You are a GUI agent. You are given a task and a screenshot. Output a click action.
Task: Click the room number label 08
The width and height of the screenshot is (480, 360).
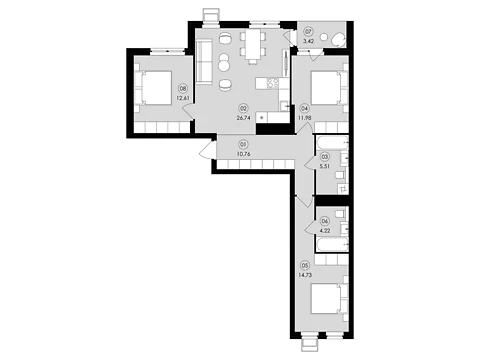click(183, 89)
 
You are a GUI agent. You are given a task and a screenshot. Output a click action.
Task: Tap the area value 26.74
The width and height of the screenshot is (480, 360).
click(244, 118)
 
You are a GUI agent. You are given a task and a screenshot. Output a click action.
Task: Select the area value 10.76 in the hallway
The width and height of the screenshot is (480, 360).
click(243, 154)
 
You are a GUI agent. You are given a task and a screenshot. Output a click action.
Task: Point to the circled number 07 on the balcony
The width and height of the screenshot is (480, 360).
click(308, 32)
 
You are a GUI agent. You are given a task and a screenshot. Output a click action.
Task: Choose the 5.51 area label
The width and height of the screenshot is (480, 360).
click(324, 166)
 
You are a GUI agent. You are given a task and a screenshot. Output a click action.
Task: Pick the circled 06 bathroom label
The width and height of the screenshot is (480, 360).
click(324, 221)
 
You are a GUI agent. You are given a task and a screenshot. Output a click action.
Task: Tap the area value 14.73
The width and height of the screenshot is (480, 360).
click(306, 275)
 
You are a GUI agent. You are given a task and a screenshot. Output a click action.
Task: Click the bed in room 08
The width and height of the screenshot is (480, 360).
click(156, 88)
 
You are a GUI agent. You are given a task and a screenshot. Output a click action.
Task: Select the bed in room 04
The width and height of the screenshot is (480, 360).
click(326, 88)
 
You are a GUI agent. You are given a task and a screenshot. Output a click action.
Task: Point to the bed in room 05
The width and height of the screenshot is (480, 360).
click(326, 298)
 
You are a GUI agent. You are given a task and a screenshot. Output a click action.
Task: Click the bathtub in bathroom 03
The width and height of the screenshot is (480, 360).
click(332, 142)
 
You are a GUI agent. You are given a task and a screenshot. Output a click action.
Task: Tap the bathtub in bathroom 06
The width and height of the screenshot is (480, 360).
click(332, 245)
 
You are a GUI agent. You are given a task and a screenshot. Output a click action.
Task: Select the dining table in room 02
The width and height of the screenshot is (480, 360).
click(253, 45)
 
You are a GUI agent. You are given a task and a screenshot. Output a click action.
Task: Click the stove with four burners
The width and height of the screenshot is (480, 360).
click(273, 83)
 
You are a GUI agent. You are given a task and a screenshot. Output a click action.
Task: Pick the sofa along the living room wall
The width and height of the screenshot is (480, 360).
click(204, 61)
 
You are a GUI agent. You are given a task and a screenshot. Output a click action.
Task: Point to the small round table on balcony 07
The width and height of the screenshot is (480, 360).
click(324, 38)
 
